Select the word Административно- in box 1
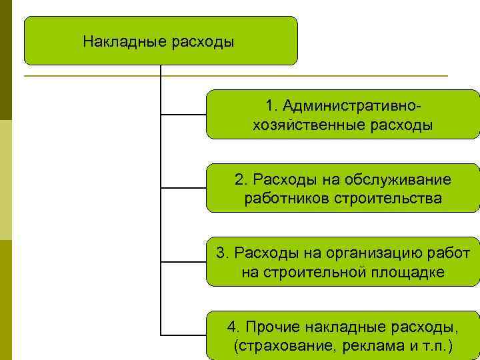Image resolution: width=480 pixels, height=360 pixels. point(353,106)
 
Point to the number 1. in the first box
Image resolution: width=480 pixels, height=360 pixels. point(271,106)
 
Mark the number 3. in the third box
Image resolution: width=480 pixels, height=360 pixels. point(223,253)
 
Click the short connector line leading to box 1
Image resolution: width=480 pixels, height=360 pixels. point(183,115)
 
